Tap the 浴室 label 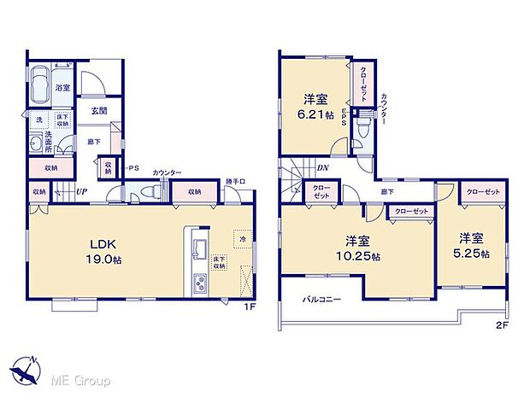pyautogui.click(x=63, y=88)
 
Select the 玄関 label pyautogui.click(x=97, y=111)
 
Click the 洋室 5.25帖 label pyautogui.click(x=472, y=246)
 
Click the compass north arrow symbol pyautogui.click(x=27, y=368)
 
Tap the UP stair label pyautogui.click(x=81, y=192)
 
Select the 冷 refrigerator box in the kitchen pyautogui.click(x=244, y=241)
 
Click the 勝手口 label pyautogui.click(x=236, y=181)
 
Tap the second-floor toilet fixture pyautogui.click(x=363, y=130)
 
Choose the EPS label pyautogui.click(x=344, y=120)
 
